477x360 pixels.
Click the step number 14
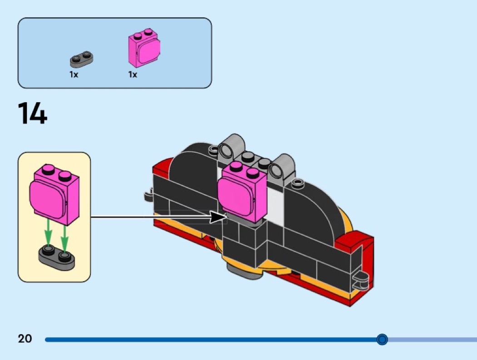32,113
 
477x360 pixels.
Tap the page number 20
25,339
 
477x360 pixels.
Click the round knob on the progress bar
382,339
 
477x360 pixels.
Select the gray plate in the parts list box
82,58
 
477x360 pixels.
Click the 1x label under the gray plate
74,74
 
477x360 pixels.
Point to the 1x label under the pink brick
132,74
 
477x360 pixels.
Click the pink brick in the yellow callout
54,195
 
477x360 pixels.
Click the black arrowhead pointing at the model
219,217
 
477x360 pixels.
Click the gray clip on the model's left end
149,196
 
